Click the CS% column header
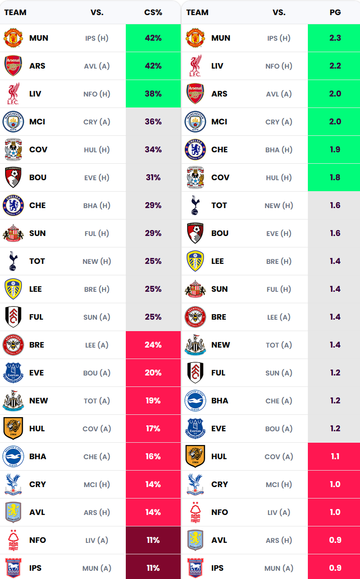pos(153,12)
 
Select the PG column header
pos(335,12)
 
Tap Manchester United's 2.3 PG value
pos(335,38)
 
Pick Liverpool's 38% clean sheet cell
pos(153,94)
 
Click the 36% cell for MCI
pos(153,122)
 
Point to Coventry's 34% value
pos(153,150)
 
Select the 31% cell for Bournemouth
pos(153,177)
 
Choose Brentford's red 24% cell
pos(153,345)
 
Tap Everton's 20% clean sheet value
pos(153,373)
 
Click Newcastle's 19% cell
pos(153,401)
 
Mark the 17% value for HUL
pos(153,429)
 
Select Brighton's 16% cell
pos(153,456)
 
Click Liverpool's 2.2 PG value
pos(335,66)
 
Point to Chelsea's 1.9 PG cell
pos(335,150)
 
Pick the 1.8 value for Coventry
pos(335,177)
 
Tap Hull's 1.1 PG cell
pos(335,456)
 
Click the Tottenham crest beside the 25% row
pos(13,261)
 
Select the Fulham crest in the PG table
pos(195,373)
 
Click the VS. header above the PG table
pos(279,12)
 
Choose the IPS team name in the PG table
pos(217,568)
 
